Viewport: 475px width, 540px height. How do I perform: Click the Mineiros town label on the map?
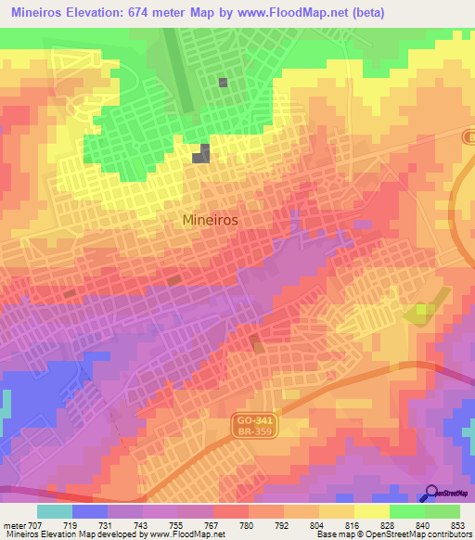point(211,221)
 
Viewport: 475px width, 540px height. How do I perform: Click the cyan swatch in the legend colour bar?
point(54,511)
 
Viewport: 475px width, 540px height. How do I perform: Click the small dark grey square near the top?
point(223,83)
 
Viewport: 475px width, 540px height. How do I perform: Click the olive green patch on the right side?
point(421,312)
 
